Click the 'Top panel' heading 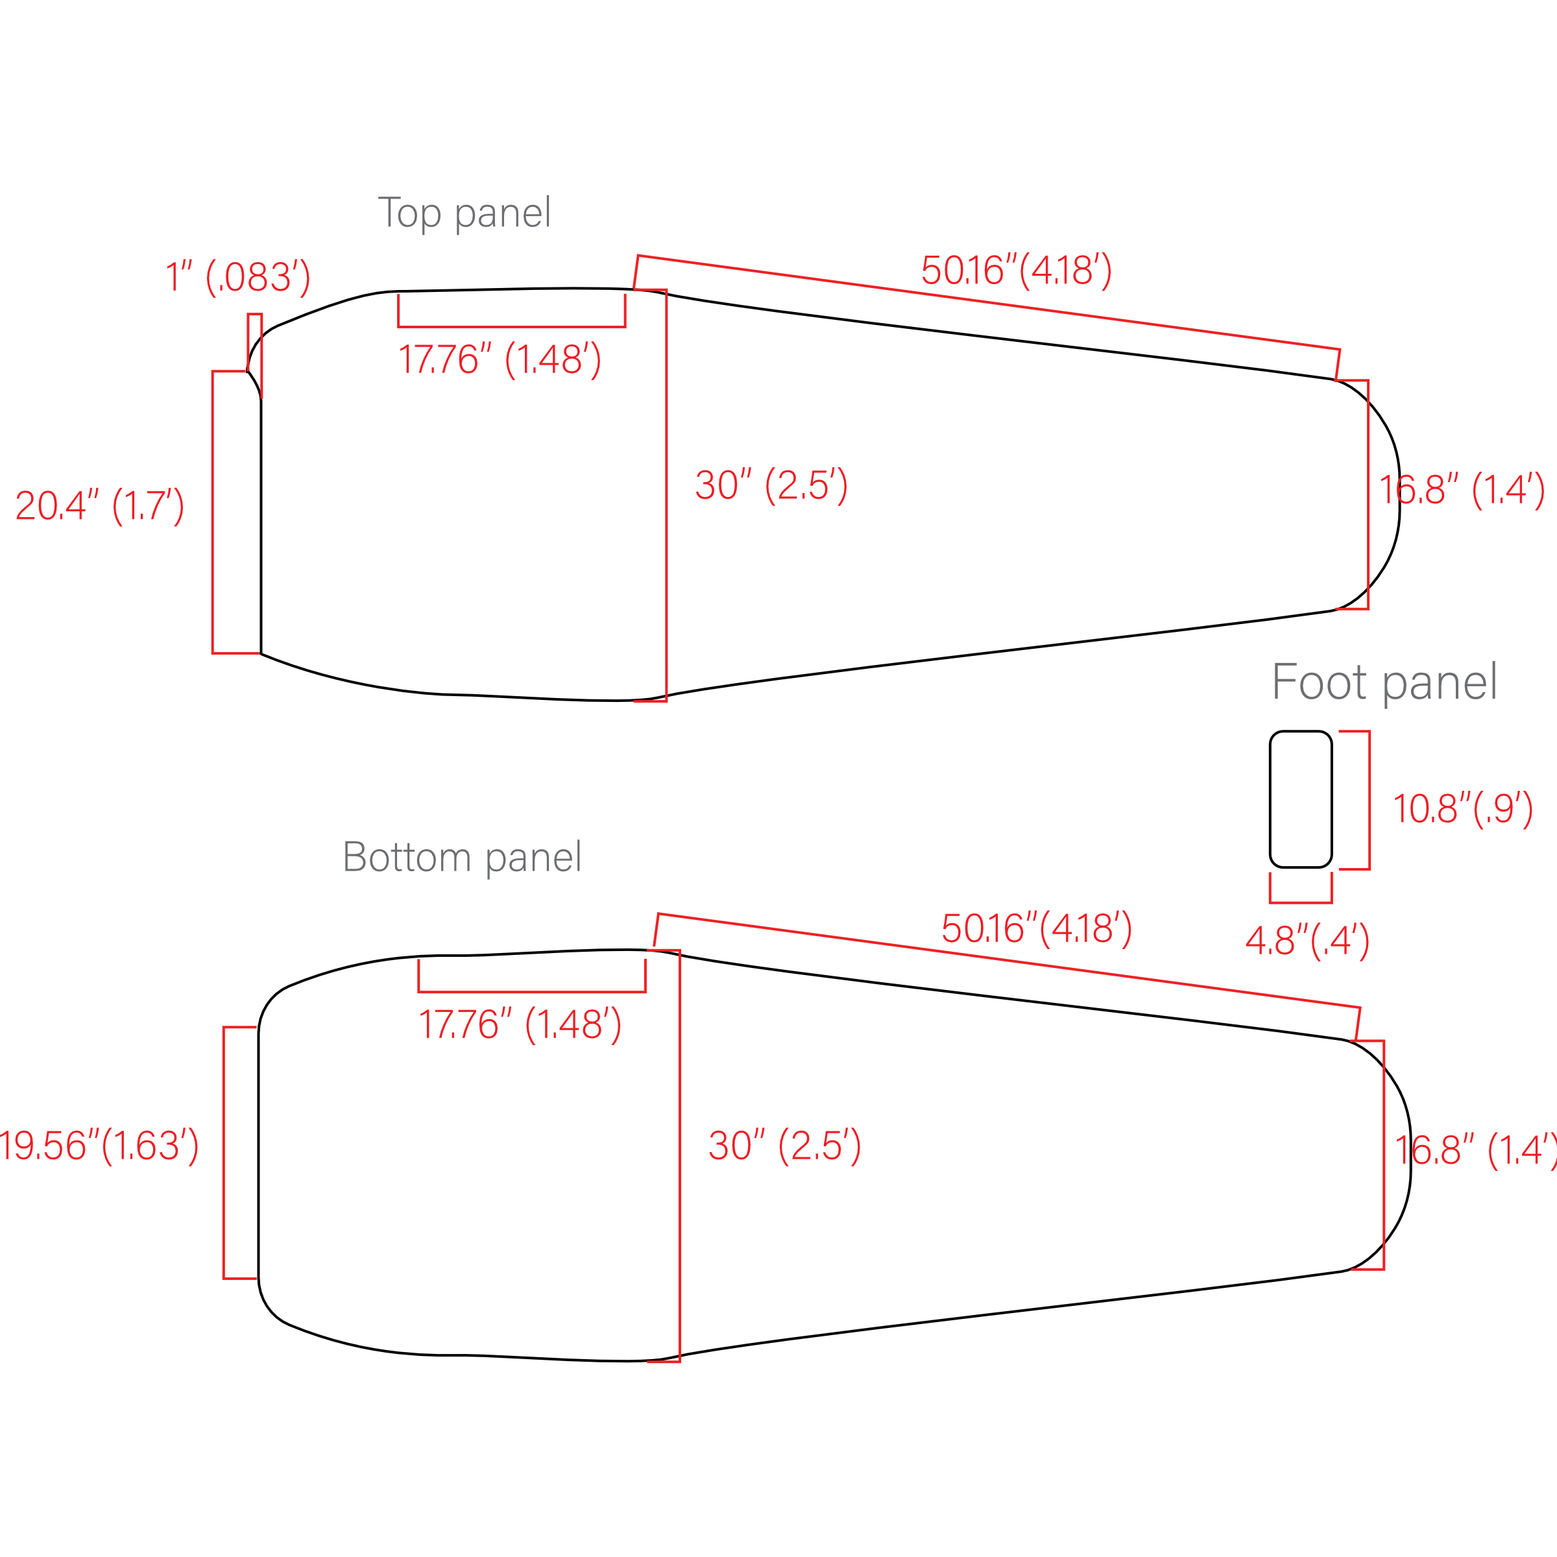[465, 213]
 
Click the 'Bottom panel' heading [462, 858]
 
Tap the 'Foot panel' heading [1384, 683]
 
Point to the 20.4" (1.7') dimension [100, 506]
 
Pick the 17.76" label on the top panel [500, 359]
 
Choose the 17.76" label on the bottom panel [520, 1024]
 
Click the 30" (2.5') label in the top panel [771, 485]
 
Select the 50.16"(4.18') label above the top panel [1017, 270]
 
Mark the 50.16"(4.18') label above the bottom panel [1037, 929]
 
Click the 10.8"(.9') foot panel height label [1464, 809]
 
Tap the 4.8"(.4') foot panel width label [1307, 941]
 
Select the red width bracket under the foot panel [1301, 902]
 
